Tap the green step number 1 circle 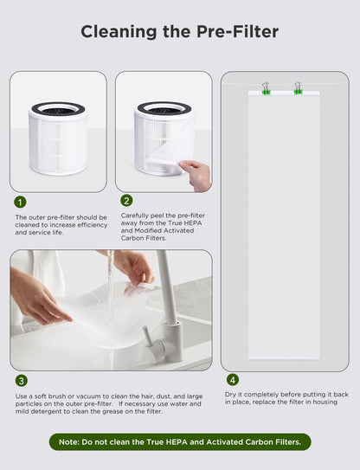pos(21,202)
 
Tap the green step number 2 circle pos(126,200)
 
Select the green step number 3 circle pos(21,380)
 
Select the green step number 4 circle pos(232,379)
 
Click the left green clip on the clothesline pos(266,88)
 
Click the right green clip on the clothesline pos(297,88)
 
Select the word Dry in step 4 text pos(232,395)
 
